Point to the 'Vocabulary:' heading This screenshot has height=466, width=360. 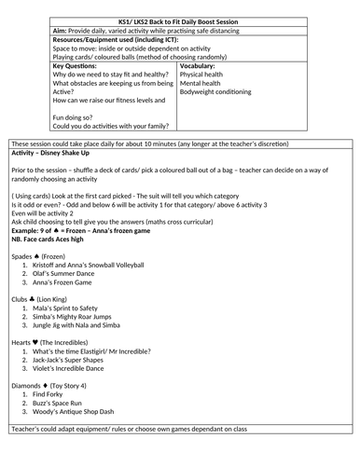[200, 67]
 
